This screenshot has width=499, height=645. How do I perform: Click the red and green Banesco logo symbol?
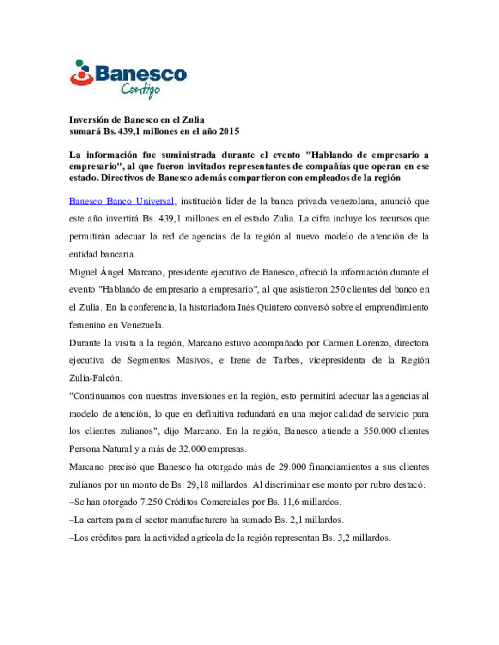coord(82,73)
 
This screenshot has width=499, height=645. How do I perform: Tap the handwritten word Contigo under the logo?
coord(140,90)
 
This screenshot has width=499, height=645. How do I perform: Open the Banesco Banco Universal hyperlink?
coord(122,201)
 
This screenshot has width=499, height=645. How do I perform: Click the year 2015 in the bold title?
coord(229,131)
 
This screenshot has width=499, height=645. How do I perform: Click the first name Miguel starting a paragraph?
coord(83,272)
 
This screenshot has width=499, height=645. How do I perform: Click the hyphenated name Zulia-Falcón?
coord(95,378)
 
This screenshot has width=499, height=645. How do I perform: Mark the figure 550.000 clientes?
coord(379,431)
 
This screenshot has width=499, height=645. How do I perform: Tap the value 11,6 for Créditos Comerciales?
coord(291,502)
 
